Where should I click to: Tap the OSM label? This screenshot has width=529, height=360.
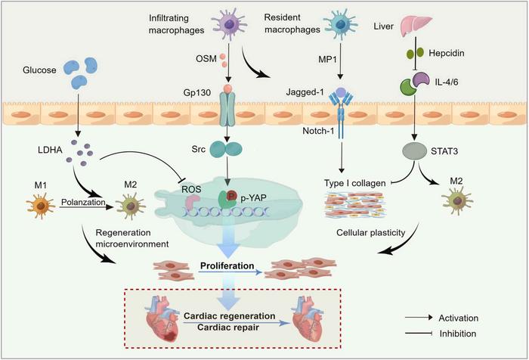pyautogui.click(x=203, y=57)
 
